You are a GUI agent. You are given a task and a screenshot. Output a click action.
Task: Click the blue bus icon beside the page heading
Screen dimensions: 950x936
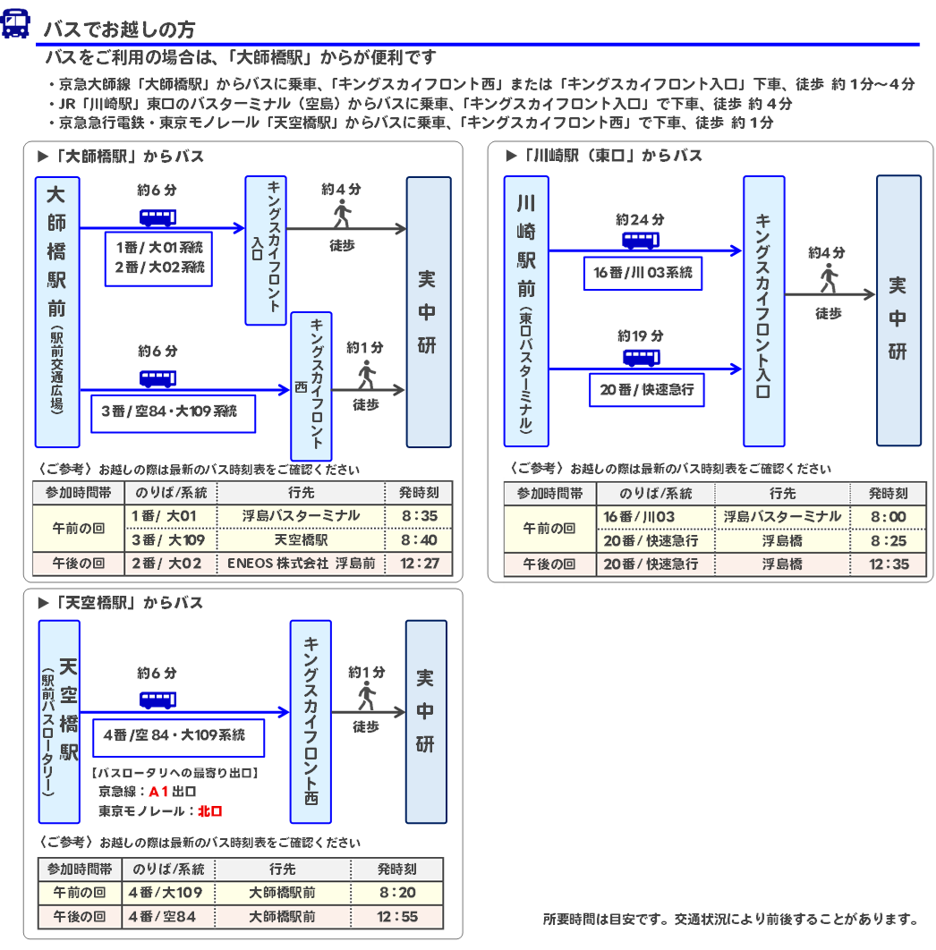(15, 24)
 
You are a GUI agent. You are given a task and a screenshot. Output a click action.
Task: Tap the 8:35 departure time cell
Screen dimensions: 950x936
(419, 516)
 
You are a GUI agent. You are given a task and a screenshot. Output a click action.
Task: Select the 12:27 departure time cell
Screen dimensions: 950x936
(419, 564)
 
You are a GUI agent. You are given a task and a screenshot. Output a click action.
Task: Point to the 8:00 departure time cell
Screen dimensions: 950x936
(888, 517)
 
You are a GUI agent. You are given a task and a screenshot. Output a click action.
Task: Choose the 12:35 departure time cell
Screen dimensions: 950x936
(888, 564)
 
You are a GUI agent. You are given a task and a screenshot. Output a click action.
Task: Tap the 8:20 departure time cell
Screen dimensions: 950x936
(397, 893)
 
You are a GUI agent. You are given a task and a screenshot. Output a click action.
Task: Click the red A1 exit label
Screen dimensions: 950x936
(158, 791)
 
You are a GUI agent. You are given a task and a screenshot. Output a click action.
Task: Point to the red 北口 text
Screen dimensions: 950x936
(209, 811)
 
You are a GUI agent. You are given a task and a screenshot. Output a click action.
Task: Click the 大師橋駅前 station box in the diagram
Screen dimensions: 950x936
(57, 311)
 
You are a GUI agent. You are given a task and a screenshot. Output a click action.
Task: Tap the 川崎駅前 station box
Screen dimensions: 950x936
(525, 311)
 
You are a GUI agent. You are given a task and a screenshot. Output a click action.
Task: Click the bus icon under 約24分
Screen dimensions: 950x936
(640, 240)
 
